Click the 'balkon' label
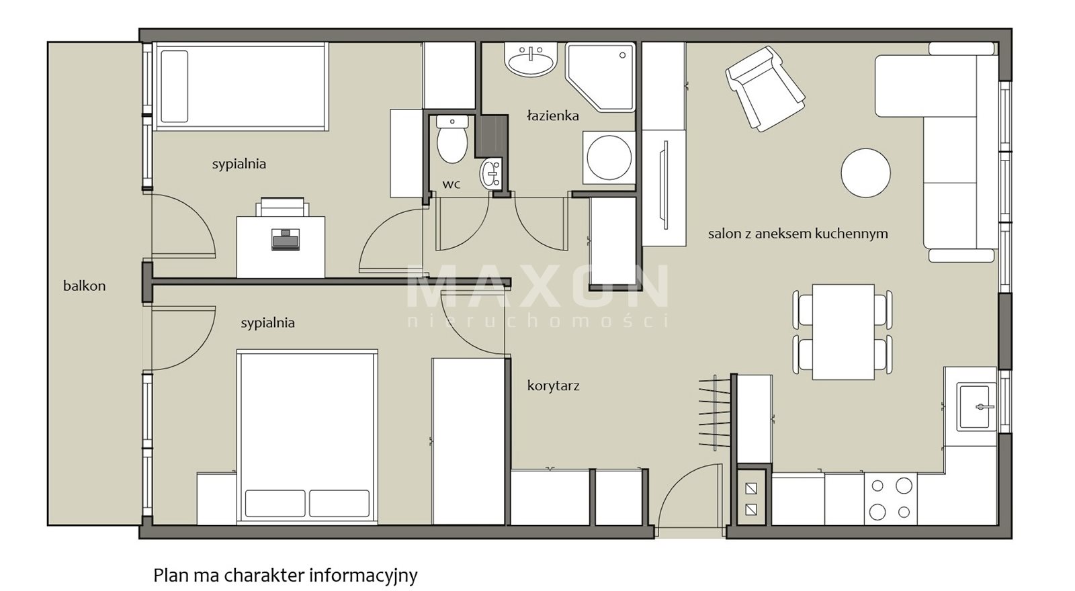tap(85, 286)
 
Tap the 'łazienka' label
tap(553, 116)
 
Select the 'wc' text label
tap(451, 184)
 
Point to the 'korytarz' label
tap(554, 385)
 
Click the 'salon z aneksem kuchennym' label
tap(798, 234)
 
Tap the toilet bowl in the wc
tap(452, 139)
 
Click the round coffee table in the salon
tap(866, 173)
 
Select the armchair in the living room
tap(765, 89)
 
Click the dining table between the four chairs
tap(843, 332)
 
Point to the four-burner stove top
tap(891, 499)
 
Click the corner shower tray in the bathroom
tap(601, 77)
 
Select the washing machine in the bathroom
tap(609, 158)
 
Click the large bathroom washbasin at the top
tap(530, 60)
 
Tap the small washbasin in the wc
tap(490, 173)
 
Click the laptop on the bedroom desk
tap(286, 239)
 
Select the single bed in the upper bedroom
tap(241, 87)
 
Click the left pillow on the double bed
tap(275, 503)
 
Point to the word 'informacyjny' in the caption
tap(363, 575)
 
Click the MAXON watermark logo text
tap(537, 286)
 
